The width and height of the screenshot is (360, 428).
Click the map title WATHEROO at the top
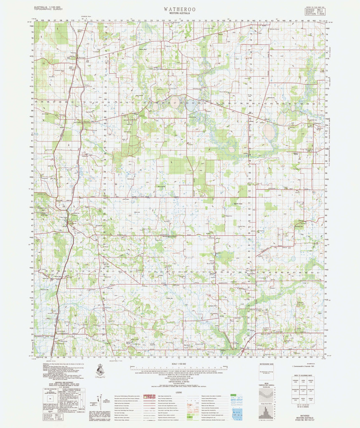[x=180, y=8]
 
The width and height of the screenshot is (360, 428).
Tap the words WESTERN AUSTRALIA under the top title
[x=180, y=14]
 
